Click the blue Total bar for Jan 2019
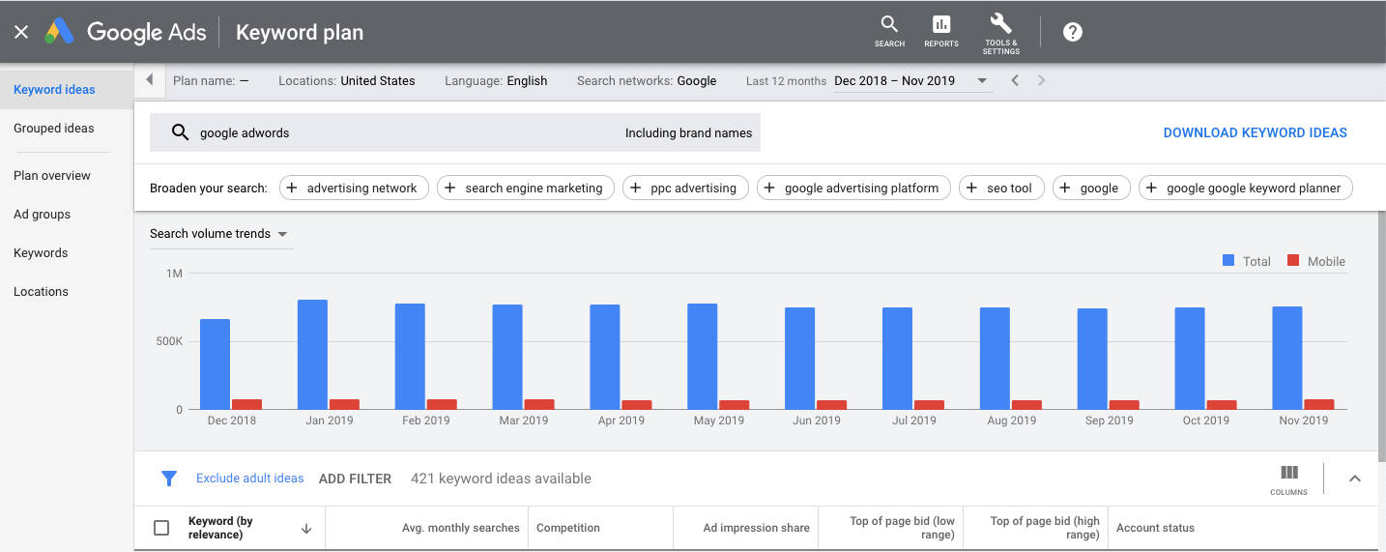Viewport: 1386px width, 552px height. point(312,354)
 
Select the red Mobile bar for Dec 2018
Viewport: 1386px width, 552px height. point(246,404)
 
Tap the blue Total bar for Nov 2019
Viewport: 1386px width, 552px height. point(1287,358)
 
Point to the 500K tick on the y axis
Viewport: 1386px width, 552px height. point(169,341)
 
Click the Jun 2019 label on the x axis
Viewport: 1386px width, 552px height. point(816,421)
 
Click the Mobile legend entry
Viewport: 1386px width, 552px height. point(1316,261)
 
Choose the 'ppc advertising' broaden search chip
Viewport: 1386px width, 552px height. point(684,188)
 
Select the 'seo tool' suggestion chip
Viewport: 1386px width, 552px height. point(1001,188)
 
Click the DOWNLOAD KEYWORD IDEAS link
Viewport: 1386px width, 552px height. point(1255,132)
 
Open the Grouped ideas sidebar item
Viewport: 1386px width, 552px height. point(54,128)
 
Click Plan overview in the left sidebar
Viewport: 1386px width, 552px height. point(52,175)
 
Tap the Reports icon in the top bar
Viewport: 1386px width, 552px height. point(941,30)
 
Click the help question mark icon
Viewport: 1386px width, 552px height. point(1073,31)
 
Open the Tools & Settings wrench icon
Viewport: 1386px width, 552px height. point(1000,31)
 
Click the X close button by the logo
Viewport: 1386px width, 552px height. point(21,32)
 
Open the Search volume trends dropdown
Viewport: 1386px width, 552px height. point(218,234)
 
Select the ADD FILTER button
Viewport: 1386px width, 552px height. point(355,479)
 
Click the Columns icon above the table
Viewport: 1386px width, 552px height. point(1289,478)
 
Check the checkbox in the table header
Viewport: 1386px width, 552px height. point(161,528)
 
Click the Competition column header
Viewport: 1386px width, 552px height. point(568,528)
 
